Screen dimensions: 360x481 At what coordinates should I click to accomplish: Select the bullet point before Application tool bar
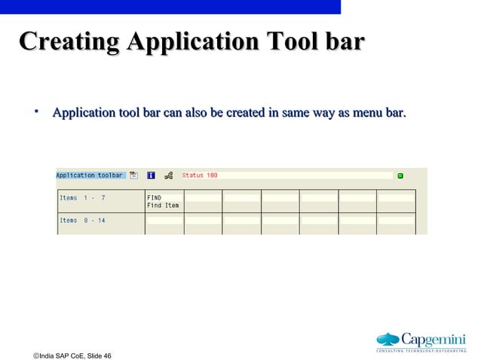point(35,113)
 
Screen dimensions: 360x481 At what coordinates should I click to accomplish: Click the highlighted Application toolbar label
point(90,175)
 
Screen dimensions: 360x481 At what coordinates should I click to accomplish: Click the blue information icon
point(151,175)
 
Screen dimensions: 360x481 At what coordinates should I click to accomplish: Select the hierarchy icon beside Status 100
point(168,175)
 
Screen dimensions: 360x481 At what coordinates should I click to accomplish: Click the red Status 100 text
point(200,175)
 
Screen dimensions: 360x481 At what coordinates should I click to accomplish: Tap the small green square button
point(400,175)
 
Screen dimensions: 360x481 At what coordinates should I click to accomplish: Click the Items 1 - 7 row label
point(83,198)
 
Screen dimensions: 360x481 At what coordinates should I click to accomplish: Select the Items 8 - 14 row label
point(83,220)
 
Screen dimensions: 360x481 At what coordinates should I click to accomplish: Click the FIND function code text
point(155,198)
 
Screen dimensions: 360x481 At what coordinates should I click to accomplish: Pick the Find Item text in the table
point(163,206)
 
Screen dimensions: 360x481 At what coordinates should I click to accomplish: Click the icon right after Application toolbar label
point(133,175)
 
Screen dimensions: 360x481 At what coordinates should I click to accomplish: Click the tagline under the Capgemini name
point(421,350)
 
